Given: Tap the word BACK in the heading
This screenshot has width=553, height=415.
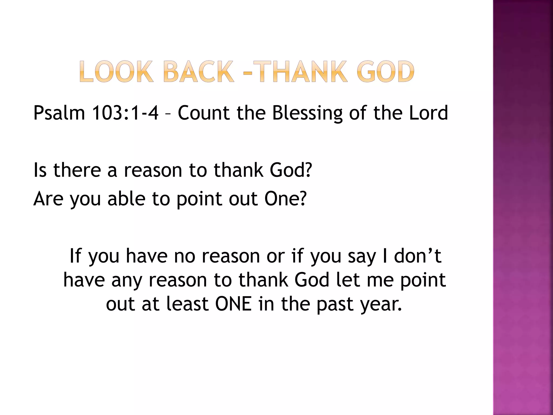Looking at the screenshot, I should [198, 72].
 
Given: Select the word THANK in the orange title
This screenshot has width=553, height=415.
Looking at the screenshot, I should [300, 72].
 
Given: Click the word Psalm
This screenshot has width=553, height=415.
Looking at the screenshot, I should [59, 113].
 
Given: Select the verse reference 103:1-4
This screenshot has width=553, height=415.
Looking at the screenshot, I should [125, 113].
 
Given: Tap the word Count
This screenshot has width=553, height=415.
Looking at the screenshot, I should [204, 113].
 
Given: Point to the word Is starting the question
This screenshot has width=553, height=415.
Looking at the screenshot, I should [40, 170].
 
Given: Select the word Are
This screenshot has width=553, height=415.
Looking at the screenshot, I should [48, 199].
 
